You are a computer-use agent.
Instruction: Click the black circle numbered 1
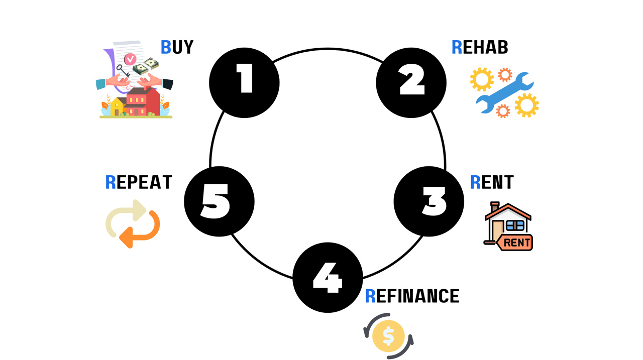[x=244, y=83]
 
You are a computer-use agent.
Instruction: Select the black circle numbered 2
[x=411, y=83]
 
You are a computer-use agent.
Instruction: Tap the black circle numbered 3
[x=428, y=201]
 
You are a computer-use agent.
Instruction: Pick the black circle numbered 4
[x=328, y=278]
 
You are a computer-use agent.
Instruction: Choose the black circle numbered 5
[x=219, y=201]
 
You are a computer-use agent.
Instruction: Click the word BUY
[x=177, y=47]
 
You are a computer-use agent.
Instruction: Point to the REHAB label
[x=480, y=47]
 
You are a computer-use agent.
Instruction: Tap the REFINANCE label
[x=412, y=296]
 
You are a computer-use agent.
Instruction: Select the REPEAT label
[x=139, y=182]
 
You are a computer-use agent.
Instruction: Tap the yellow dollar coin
[x=388, y=336]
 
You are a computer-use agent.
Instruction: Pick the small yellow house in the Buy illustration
[x=117, y=106]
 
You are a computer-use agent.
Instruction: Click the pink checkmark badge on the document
[x=130, y=59]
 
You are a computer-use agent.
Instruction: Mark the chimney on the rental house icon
[x=495, y=207]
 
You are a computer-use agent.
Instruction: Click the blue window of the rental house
[x=515, y=225]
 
